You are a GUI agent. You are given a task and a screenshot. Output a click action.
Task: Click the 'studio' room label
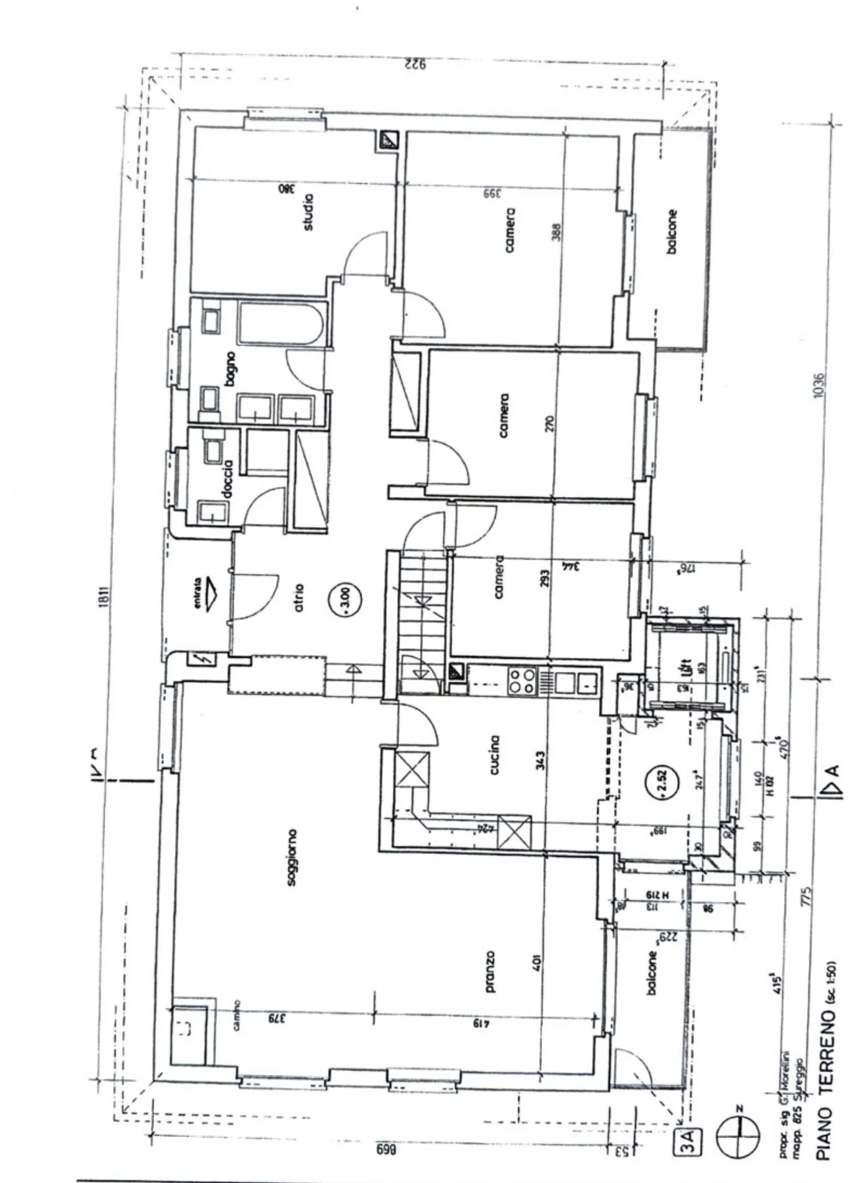coord(308,212)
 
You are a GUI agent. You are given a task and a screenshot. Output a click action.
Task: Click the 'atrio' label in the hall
coord(299,597)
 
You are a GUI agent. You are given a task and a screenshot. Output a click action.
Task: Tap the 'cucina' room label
coord(494,755)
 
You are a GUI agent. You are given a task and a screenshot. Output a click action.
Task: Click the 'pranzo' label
coord(490,971)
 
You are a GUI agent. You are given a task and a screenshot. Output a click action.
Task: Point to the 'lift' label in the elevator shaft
coord(687,667)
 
